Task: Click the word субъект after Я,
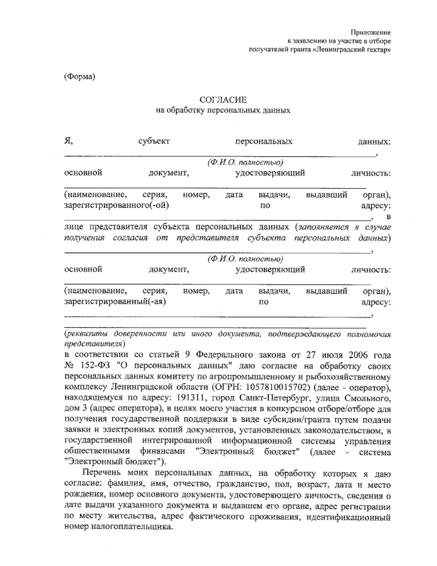(154, 141)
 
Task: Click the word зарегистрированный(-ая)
(115, 302)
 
